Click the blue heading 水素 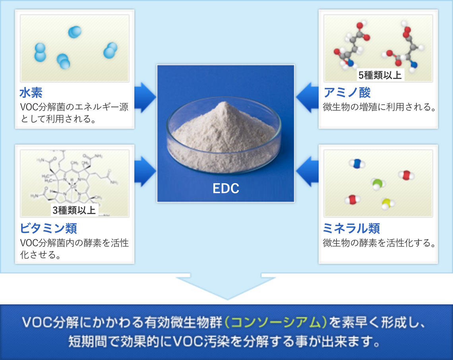31,93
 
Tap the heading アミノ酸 347,93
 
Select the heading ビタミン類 48,228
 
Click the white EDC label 226,188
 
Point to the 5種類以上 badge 380,75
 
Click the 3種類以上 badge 74,210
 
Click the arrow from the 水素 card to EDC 145,97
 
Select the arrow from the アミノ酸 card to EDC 307,97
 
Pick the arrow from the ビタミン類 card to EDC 145,172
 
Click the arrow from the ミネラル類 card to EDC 307,172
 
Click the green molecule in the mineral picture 377,184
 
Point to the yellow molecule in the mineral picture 387,204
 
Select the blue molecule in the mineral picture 357,164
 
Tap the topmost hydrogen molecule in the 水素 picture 75,32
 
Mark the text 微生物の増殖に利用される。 379,107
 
